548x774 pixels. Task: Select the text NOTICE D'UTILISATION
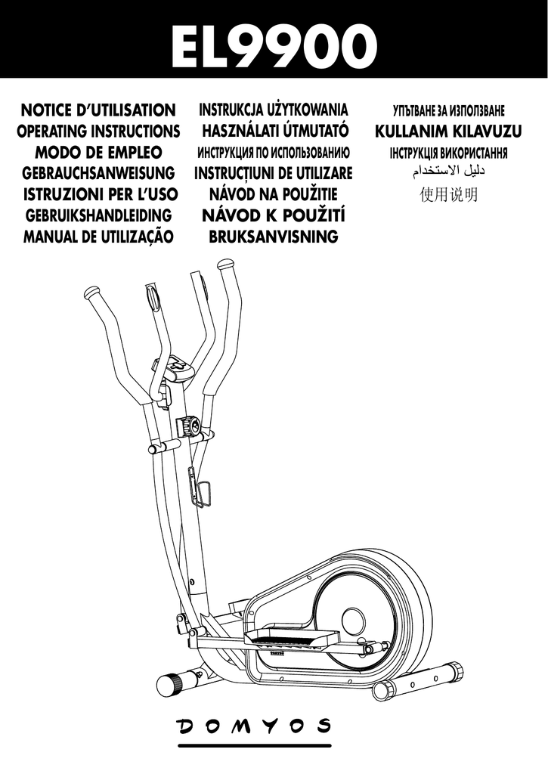pyautogui.click(x=99, y=110)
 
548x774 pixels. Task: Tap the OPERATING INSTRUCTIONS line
pyautogui.click(x=98, y=132)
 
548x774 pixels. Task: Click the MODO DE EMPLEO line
pyautogui.click(x=98, y=152)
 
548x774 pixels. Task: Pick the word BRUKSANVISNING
pyautogui.click(x=273, y=237)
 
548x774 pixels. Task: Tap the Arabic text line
pyautogui.click(x=448, y=173)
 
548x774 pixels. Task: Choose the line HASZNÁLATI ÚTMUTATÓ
pyautogui.click(x=274, y=132)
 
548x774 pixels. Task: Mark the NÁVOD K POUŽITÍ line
pyautogui.click(x=274, y=217)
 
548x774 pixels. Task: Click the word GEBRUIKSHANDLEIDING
pyautogui.click(x=99, y=216)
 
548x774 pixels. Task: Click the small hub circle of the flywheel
pyautogui.click(x=352, y=621)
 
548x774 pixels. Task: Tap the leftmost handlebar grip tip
pyautogui.click(x=92, y=292)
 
